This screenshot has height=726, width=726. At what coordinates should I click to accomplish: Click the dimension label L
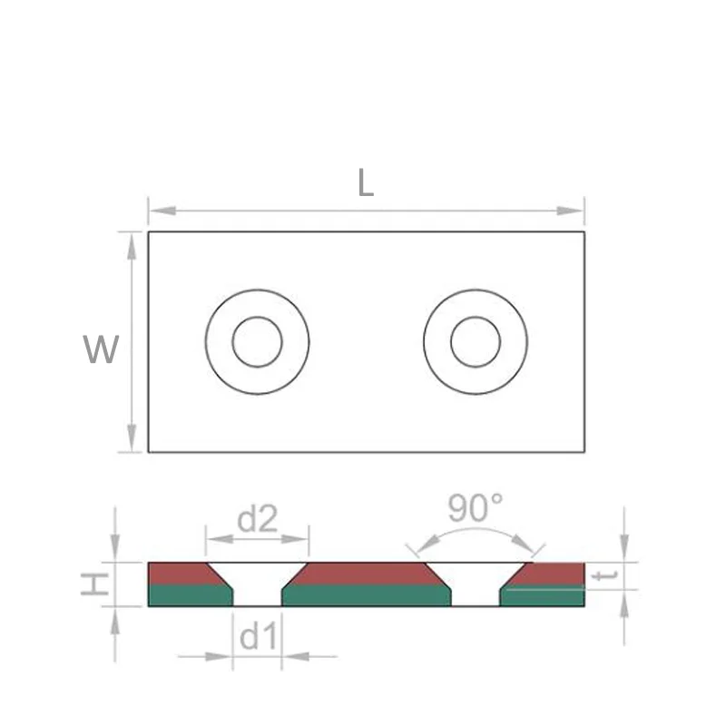(x=365, y=184)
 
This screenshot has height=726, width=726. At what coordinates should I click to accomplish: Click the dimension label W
(x=101, y=349)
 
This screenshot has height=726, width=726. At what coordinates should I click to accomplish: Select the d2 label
(x=257, y=519)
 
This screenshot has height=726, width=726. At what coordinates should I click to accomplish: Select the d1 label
(x=258, y=638)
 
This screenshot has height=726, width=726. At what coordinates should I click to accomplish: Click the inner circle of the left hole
(x=257, y=342)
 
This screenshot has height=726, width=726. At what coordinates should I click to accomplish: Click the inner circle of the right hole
(x=475, y=342)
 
